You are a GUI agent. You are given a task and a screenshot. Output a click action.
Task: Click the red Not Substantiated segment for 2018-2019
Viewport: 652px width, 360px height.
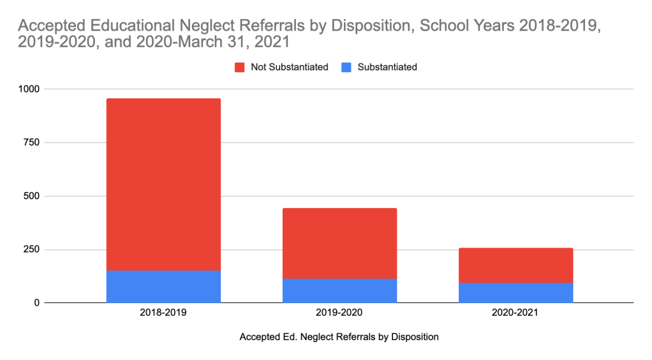tap(163, 184)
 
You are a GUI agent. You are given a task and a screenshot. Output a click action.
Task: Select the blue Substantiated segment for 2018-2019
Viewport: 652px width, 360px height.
tap(163, 286)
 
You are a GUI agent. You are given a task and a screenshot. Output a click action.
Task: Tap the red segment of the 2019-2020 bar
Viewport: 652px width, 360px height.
tap(339, 243)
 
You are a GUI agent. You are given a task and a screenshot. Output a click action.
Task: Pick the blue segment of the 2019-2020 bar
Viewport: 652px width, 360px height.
tap(339, 290)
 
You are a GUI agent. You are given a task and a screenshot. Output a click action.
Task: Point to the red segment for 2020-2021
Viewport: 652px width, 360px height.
tap(515, 265)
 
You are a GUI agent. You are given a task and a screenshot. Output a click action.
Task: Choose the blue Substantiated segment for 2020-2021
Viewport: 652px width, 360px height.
tap(515, 293)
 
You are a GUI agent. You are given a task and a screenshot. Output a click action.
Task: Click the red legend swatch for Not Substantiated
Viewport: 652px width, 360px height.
tap(240, 67)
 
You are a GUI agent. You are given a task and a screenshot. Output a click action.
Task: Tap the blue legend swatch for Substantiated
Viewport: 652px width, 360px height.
tap(347, 67)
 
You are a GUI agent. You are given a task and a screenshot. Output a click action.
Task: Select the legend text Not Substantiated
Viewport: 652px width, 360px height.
tap(289, 67)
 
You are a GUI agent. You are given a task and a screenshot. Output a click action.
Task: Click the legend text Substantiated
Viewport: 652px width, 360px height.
tap(387, 67)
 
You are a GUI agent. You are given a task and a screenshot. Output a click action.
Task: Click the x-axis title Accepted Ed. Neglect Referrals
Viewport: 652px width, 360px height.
tap(339, 337)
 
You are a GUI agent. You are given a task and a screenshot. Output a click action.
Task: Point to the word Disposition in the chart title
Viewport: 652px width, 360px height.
tap(364, 27)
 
